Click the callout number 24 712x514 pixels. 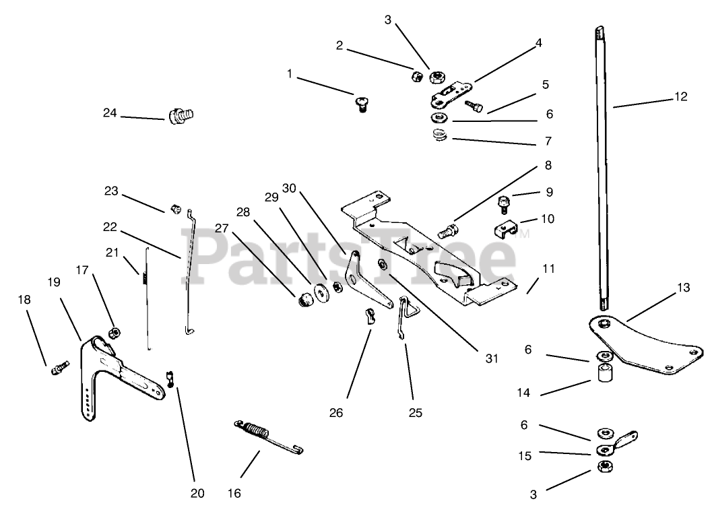[110, 113]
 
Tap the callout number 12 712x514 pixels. [680, 96]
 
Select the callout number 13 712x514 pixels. [684, 288]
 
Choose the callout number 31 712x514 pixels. [492, 358]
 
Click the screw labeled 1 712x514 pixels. [362, 103]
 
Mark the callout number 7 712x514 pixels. [548, 141]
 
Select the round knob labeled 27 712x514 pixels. [304, 297]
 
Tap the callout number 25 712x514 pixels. [415, 412]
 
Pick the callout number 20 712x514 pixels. [197, 492]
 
